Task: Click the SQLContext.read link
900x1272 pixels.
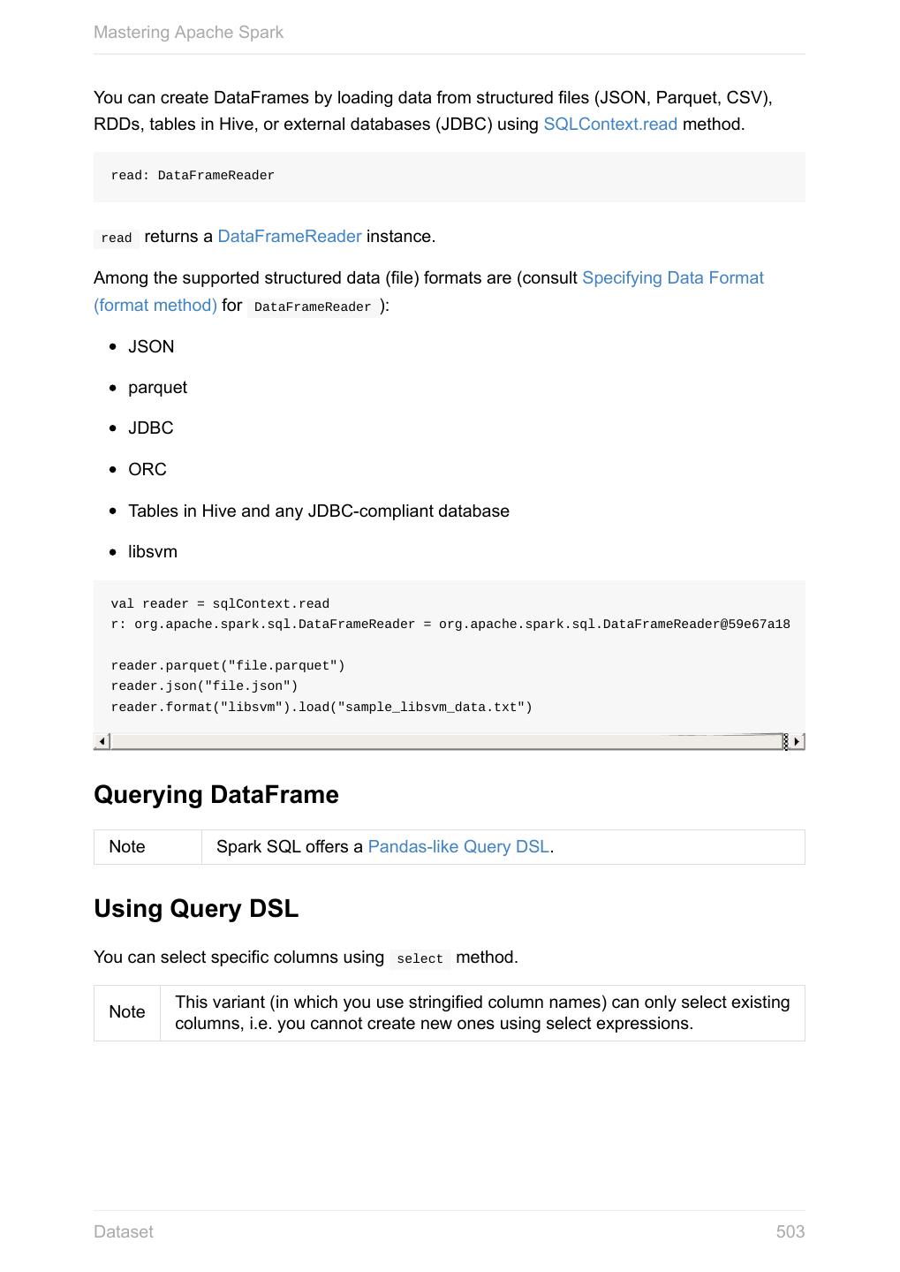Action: coord(609,125)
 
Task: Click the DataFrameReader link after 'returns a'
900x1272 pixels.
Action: coord(289,237)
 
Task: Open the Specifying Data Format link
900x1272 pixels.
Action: coord(672,278)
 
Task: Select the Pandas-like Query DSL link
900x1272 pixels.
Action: coord(458,847)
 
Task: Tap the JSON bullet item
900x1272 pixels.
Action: coord(151,347)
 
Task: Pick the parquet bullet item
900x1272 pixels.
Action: coord(157,388)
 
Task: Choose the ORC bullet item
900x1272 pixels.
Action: coord(147,470)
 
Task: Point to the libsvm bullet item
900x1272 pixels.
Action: coord(153,552)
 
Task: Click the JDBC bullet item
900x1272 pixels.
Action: coord(151,428)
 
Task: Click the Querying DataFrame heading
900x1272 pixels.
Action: coord(216,795)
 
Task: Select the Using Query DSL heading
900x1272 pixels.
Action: coord(196,909)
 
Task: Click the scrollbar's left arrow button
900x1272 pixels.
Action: coord(102,741)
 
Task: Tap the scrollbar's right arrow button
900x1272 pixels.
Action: coord(797,741)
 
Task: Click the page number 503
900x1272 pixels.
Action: coord(790,1232)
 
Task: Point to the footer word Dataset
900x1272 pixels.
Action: coord(124,1232)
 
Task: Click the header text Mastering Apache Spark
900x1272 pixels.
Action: coord(188,33)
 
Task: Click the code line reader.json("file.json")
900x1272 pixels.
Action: coord(204,686)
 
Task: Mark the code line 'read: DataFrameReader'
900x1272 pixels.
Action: coord(193,176)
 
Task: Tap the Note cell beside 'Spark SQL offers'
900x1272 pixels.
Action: coord(127,847)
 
